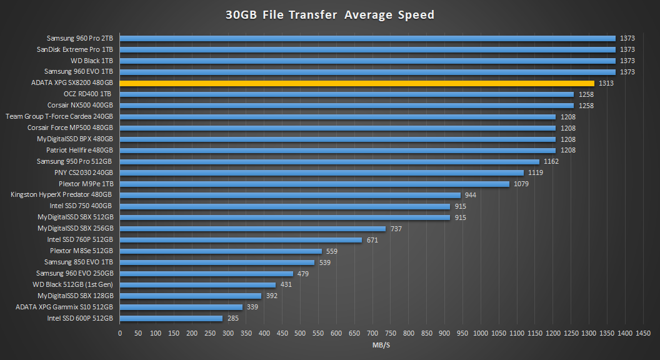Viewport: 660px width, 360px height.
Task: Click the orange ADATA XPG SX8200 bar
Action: pos(356,83)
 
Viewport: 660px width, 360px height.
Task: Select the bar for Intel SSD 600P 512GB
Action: pos(171,318)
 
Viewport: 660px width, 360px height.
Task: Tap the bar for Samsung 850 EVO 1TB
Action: pos(217,262)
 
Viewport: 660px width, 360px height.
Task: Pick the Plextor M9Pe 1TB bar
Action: pos(314,184)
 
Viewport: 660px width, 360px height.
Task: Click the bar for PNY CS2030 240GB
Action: pos(321,172)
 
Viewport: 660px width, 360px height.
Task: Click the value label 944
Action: pos(471,195)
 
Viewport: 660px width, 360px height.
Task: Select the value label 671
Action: pos(373,240)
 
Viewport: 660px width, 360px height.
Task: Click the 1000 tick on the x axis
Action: pos(481,334)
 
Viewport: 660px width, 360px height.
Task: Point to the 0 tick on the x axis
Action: pos(120,334)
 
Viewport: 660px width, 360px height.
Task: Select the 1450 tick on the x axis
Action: pos(643,334)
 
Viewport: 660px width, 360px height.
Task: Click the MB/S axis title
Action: pos(381,345)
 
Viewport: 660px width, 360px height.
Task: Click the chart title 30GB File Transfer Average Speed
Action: pos(330,15)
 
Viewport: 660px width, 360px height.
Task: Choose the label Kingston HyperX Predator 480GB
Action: pos(62,195)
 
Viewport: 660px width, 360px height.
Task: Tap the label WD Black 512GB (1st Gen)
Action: pos(73,284)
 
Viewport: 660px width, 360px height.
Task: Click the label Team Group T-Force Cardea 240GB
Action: pos(59,117)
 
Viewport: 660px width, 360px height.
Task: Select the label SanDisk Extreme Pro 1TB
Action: pos(75,49)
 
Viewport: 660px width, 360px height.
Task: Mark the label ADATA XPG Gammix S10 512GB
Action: pos(64,307)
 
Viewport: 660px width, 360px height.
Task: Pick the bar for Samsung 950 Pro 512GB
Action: pos(329,161)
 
